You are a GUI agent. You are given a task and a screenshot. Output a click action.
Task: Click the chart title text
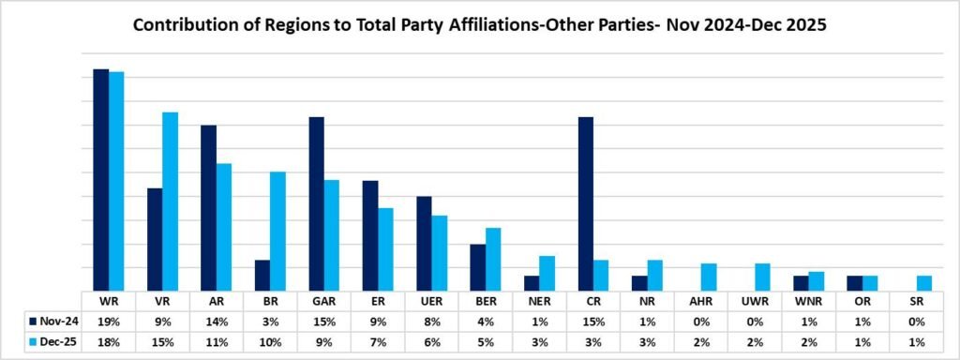(x=479, y=25)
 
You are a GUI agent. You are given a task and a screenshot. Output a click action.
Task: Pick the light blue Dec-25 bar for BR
(x=277, y=231)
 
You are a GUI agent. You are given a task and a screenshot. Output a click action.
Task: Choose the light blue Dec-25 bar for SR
(x=923, y=283)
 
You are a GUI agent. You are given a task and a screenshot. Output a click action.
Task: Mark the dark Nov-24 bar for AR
(x=209, y=207)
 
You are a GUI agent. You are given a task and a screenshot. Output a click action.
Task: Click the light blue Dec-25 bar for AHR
(x=709, y=277)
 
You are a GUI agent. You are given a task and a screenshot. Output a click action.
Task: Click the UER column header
(x=431, y=301)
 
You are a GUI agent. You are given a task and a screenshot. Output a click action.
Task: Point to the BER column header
(x=486, y=301)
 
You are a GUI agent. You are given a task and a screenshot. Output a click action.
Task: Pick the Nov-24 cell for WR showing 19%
(x=108, y=320)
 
